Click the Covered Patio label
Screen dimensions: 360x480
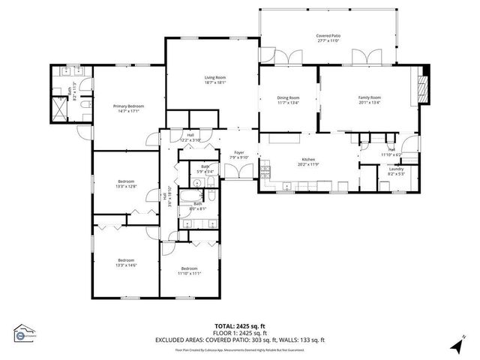coord(328,35)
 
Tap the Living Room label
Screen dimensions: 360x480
coord(215,77)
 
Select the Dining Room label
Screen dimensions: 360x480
coord(289,97)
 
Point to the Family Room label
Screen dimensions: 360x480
coord(369,97)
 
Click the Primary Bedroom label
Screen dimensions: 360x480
coord(128,106)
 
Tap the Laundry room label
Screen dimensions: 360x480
coord(395,169)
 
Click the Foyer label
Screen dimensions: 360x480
coord(239,153)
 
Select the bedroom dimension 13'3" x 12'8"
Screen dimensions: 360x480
coord(125,186)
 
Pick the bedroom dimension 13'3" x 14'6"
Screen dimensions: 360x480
coord(125,264)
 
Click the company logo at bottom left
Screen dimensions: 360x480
coord(25,332)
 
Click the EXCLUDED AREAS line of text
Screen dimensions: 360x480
coord(239,340)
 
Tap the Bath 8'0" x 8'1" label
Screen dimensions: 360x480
coord(198,205)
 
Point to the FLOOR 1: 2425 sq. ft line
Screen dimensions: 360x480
coord(239,332)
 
